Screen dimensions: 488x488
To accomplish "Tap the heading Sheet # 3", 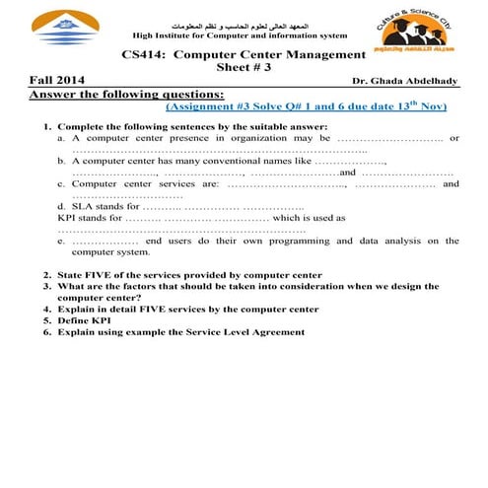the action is tap(244, 68).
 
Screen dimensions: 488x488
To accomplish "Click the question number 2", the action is tap(46, 275).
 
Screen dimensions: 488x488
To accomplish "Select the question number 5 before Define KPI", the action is tap(46, 320).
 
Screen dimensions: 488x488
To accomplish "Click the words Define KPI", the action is tap(82, 320).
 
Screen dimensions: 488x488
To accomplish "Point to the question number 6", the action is tap(46, 332).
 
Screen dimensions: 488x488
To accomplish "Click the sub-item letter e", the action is tap(61, 241).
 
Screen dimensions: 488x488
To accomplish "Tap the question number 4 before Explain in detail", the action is tap(46, 310).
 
